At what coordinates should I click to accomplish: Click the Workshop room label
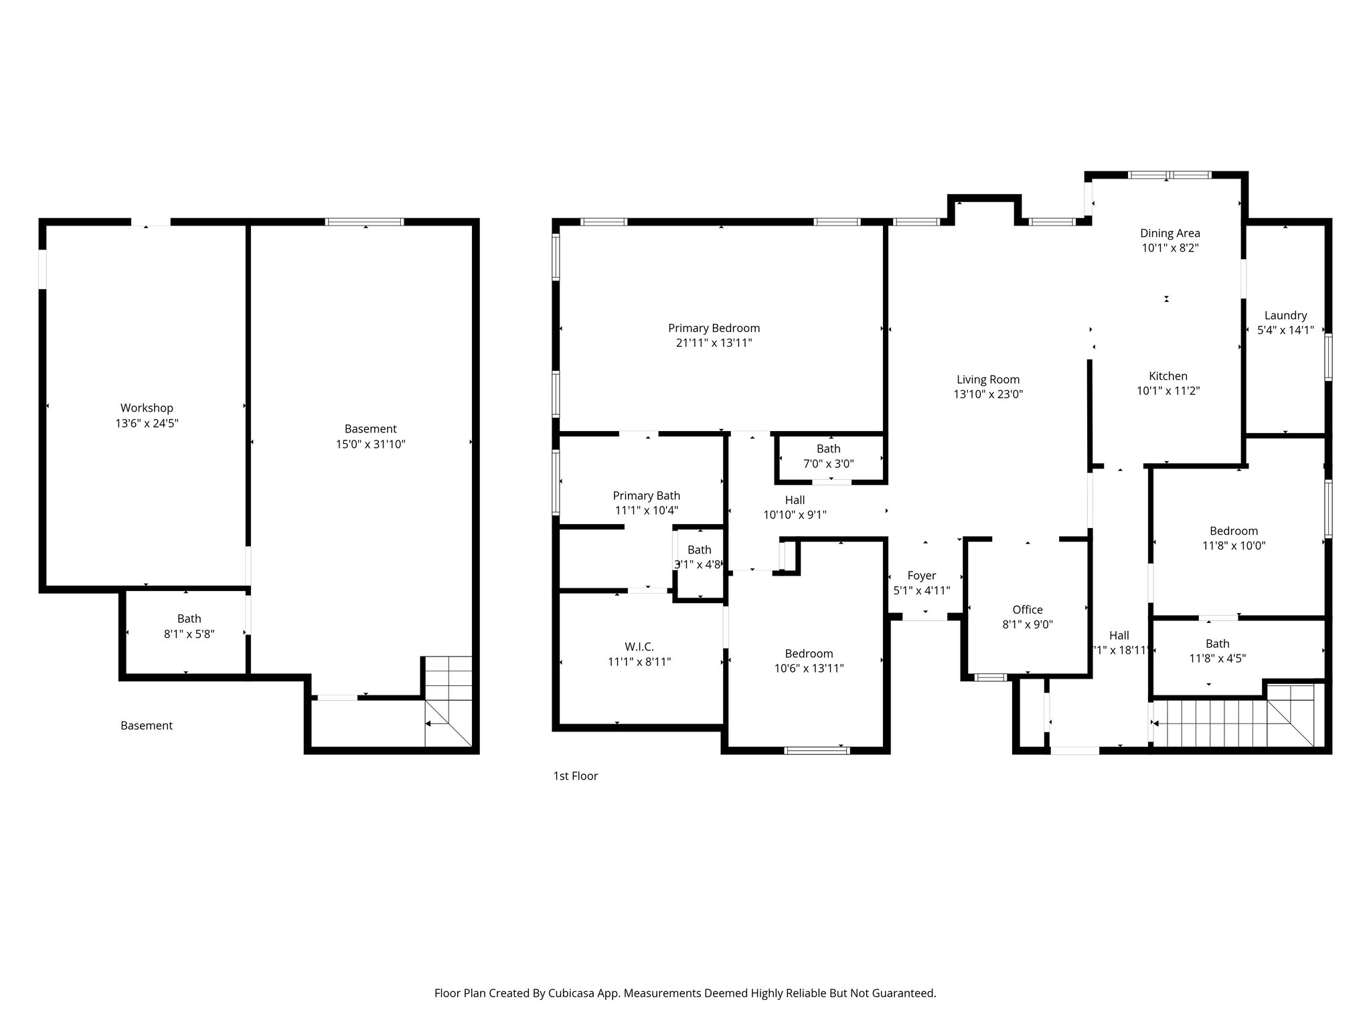coord(147,408)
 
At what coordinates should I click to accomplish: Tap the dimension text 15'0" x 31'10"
coord(370,444)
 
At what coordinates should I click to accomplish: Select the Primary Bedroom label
coord(714,328)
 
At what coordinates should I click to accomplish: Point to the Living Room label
coord(987,379)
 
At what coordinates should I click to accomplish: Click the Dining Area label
coord(1170,233)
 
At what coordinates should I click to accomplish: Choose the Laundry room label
coord(1285,315)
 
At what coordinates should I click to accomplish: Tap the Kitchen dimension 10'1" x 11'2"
coord(1167,391)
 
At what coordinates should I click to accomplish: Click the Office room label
coord(1027,610)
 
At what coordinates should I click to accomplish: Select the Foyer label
coord(921,576)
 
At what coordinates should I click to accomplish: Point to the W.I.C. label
coord(639,647)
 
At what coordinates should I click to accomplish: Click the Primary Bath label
coord(646,495)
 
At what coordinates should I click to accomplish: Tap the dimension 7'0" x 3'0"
coord(828,463)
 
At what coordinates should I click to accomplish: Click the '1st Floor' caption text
coord(575,776)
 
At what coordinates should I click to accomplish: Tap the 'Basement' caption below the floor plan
coord(146,725)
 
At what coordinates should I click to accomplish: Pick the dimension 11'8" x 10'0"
coord(1233,545)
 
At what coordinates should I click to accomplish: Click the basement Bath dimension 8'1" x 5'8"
coord(189,634)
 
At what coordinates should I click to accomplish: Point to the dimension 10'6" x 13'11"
coord(809,668)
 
